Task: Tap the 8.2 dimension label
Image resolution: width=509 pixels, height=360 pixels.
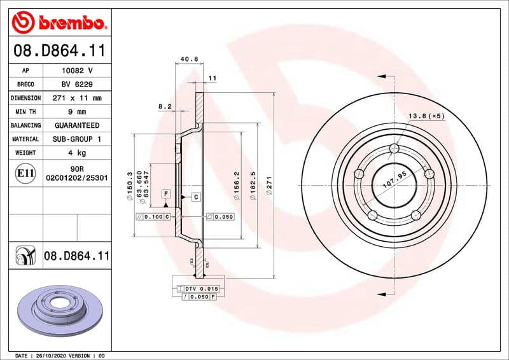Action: pyautogui.click(x=165, y=107)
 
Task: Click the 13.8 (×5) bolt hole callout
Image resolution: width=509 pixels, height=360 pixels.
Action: pyautogui.click(x=426, y=116)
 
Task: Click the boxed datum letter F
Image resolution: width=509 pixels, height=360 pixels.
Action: pyautogui.click(x=165, y=193)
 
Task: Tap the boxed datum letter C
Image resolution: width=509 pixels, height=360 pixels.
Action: pyautogui.click(x=195, y=197)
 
